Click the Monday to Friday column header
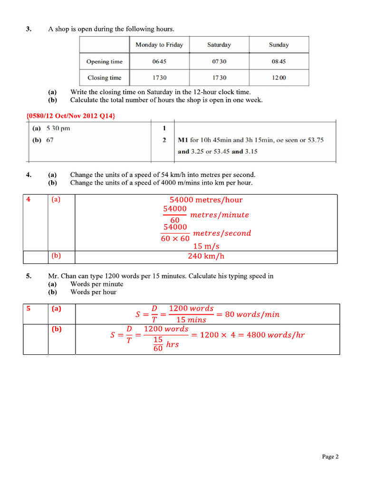(159, 45)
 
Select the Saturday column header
(219, 45)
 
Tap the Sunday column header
(279, 45)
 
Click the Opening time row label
(104, 61)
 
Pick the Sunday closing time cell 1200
(279, 78)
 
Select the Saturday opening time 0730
(219, 61)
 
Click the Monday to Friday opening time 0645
(159, 61)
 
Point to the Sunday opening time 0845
(279, 61)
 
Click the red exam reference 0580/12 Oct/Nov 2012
(71, 116)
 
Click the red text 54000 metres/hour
(206, 200)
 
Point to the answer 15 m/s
(206, 246)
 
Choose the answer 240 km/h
(206, 256)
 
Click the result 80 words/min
(252, 314)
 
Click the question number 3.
(29, 29)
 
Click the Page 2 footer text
(330, 457)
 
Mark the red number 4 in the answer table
(29, 200)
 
